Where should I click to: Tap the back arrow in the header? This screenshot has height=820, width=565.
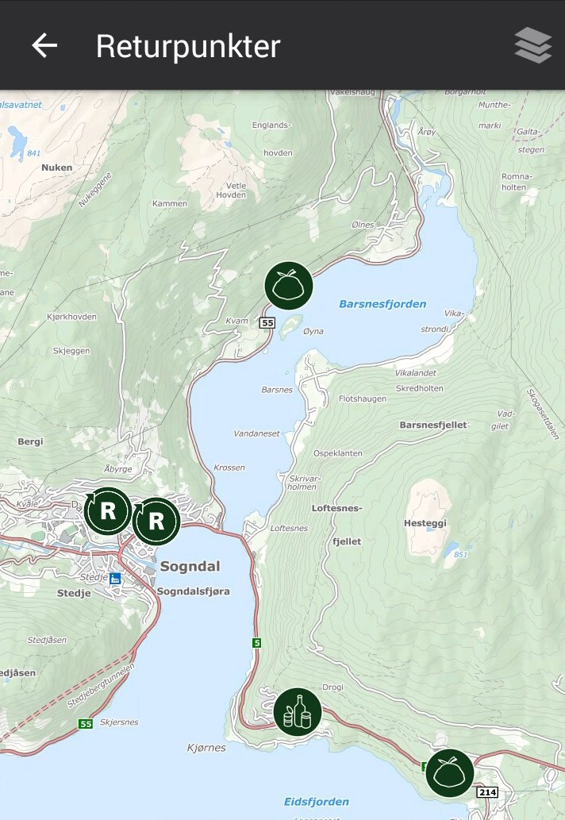point(44,46)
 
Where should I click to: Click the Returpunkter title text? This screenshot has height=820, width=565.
point(188,46)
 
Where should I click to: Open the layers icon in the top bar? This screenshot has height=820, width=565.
point(532,45)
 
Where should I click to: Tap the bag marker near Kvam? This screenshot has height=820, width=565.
point(289,285)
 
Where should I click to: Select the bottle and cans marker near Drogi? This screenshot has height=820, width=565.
point(298,711)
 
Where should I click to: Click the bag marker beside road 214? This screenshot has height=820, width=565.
point(450,772)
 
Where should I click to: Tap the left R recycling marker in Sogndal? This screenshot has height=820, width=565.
point(108,511)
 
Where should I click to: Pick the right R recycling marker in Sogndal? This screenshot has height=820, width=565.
point(156,521)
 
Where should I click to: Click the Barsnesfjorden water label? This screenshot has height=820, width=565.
point(382,304)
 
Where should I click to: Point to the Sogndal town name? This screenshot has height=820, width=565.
point(190,567)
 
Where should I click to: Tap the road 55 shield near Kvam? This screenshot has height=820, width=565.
point(266,322)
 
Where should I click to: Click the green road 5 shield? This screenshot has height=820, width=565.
point(256,642)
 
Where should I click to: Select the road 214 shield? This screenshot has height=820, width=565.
point(486,792)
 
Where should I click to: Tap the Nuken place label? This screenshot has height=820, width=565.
point(56,167)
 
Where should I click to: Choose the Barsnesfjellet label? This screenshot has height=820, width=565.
point(433,425)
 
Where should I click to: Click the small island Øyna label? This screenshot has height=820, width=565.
point(313,331)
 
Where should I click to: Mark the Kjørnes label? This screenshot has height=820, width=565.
point(206,748)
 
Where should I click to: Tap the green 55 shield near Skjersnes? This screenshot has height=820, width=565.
point(85,724)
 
